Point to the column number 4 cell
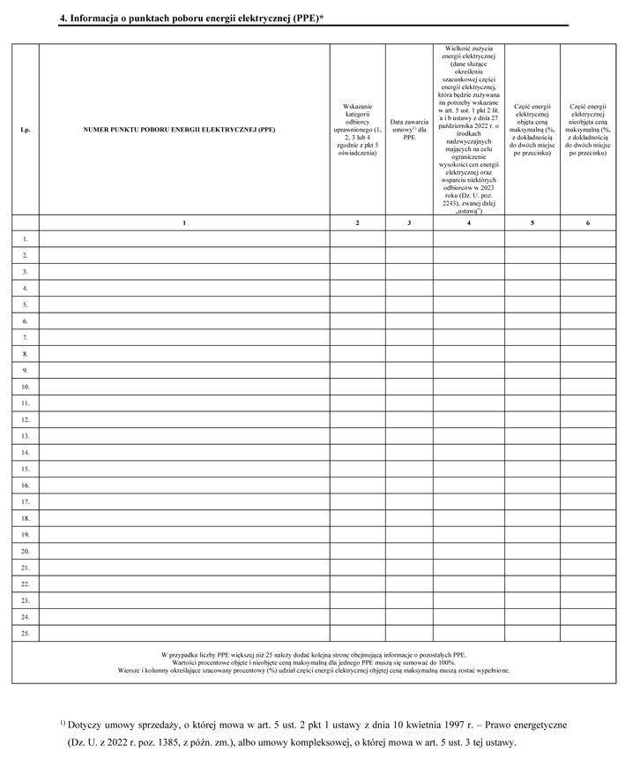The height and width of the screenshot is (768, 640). click(x=468, y=223)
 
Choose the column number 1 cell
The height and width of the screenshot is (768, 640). click(x=184, y=223)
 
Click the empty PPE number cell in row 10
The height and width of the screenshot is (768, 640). click(x=184, y=387)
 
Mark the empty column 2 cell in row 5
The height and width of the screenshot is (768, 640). click(x=357, y=305)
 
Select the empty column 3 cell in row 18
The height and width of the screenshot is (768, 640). click(x=409, y=518)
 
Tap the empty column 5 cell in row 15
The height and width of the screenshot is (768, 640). click(x=532, y=469)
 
